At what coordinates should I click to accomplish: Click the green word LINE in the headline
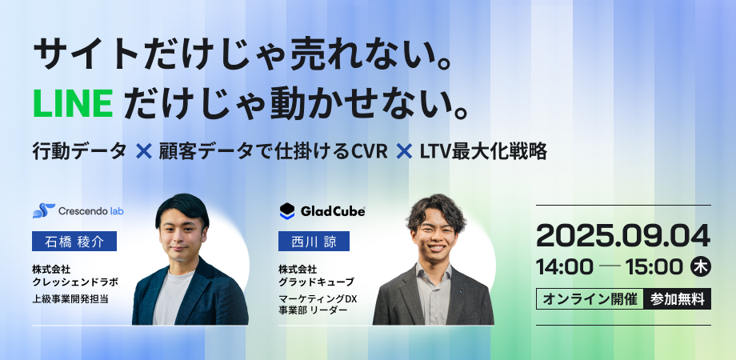[73, 104]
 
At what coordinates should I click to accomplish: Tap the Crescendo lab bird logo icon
[44, 211]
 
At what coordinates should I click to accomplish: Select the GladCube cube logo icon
[286, 211]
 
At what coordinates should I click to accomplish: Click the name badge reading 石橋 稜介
[74, 242]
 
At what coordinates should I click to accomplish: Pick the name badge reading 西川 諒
[314, 242]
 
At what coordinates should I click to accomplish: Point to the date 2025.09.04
[623, 236]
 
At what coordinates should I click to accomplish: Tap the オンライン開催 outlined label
[590, 299]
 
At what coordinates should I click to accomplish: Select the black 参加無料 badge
[678, 299]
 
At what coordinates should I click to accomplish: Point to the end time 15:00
[654, 267]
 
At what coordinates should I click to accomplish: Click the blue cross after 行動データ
[144, 152]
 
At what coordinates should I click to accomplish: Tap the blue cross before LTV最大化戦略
[404, 152]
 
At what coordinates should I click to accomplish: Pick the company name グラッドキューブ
[316, 282]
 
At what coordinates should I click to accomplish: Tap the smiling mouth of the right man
[435, 247]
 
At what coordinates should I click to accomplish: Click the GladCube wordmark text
[332, 212]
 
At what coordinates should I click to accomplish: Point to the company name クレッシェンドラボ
[75, 282]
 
